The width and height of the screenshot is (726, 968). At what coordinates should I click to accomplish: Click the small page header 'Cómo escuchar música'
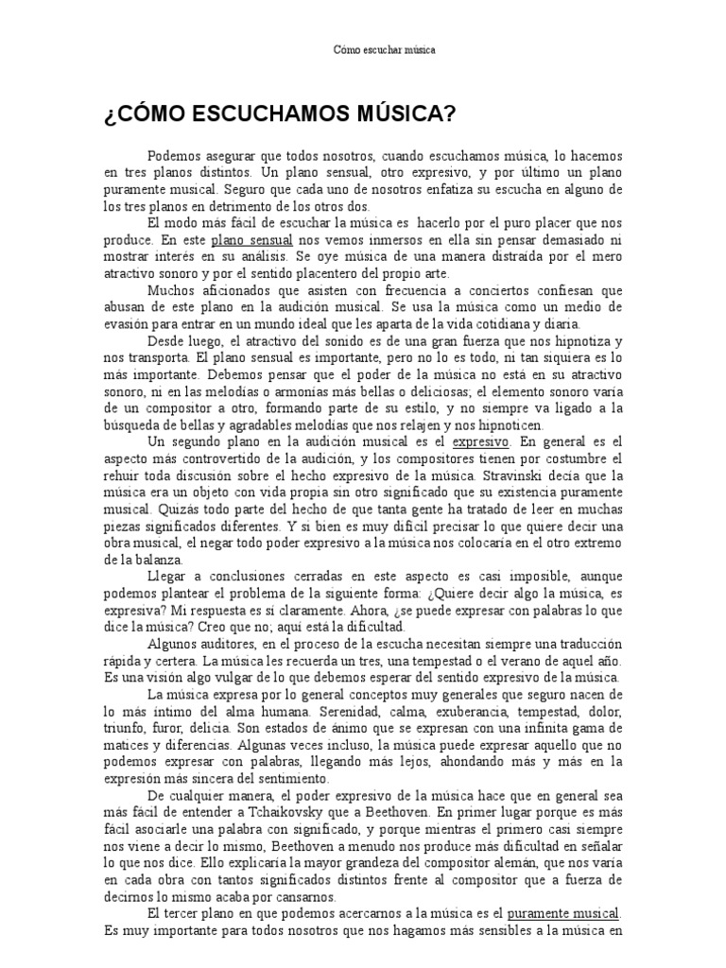pos(385,49)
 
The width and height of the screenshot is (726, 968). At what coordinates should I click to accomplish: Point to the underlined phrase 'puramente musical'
pos(563,915)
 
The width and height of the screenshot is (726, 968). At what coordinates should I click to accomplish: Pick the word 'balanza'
pos(159,558)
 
